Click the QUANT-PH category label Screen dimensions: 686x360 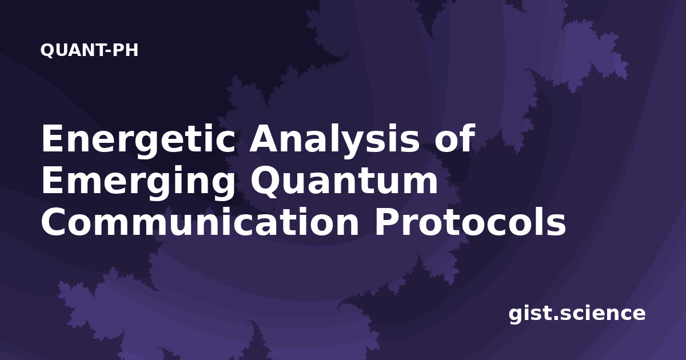click(x=89, y=50)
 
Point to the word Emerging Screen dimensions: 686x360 click(x=138, y=182)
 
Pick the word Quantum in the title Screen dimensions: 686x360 click(x=344, y=181)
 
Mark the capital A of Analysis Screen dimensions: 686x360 click(x=265, y=138)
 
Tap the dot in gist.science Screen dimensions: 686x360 click(x=556, y=318)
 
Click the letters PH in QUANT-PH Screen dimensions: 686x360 click(x=125, y=50)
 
